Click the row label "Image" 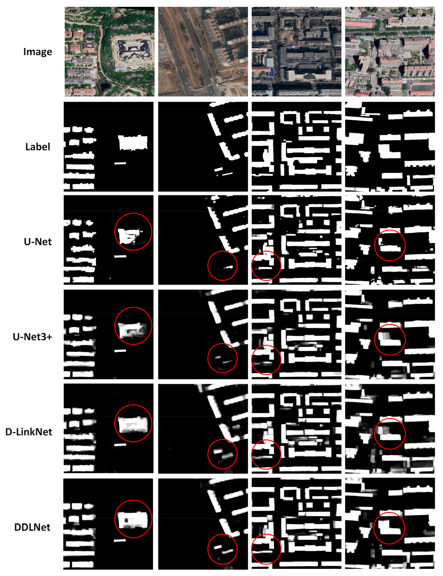38,52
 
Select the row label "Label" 38,147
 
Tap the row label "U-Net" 38,242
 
